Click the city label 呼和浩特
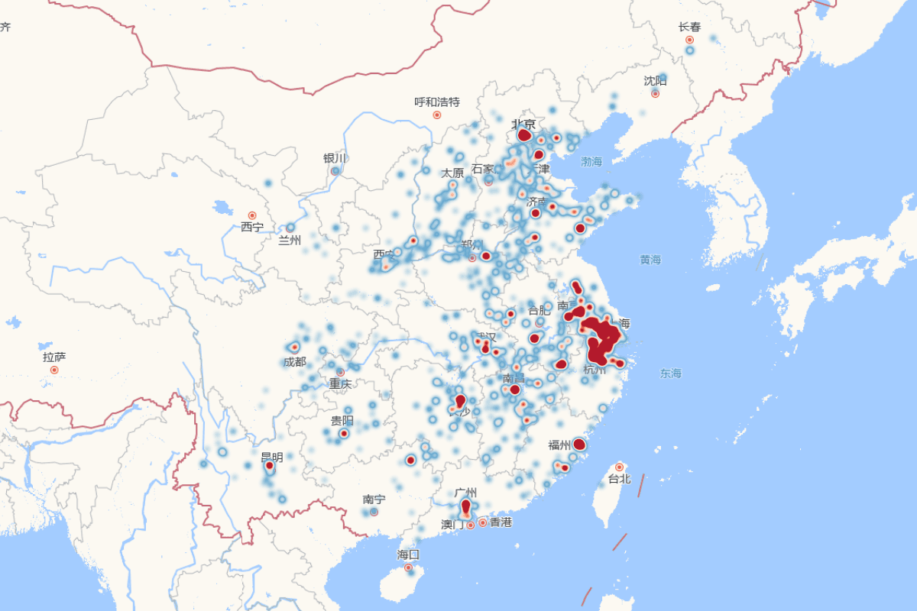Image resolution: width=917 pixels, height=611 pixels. pyautogui.click(x=437, y=102)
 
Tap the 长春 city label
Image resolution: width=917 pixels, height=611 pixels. pyautogui.click(x=689, y=27)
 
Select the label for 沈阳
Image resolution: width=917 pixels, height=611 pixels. pyautogui.click(x=655, y=80)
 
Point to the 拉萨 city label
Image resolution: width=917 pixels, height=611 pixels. pyautogui.click(x=54, y=357)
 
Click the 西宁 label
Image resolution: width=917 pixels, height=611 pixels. pyautogui.click(x=252, y=227)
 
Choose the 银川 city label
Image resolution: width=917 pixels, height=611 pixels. pyautogui.click(x=335, y=158)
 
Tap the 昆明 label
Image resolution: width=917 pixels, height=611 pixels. pyautogui.click(x=272, y=457)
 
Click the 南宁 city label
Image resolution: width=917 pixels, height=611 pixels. pyautogui.click(x=374, y=499)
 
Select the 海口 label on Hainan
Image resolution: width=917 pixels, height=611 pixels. pyautogui.click(x=408, y=554)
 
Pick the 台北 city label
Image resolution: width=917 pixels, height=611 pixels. pyautogui.click(x=619, y=479)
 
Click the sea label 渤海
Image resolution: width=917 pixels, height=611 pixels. pyautogui.click(x=591, y=162)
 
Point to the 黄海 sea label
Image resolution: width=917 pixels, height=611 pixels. pyautogui.click(x=650, y=260)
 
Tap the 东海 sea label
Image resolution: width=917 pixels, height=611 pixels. pyautogui.click(x=671, y=373)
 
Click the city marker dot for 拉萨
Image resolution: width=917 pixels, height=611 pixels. pyautogui.click(x=54, y=370)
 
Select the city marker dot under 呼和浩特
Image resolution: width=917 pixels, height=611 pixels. pyautogui.click(x=437, y=115)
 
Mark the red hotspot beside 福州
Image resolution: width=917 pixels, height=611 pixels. pyautogui.click(x=579, y=444)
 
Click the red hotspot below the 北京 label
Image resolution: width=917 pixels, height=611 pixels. pyautogui.click(x=524, y=135)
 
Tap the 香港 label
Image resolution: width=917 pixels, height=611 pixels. pyautogui.click(x=501, y=522)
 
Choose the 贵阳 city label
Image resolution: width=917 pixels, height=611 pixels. pyautogui.click(x=342, y=420)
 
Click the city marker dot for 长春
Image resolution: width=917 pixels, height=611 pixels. pyautogui.click(x=689, y=40)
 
